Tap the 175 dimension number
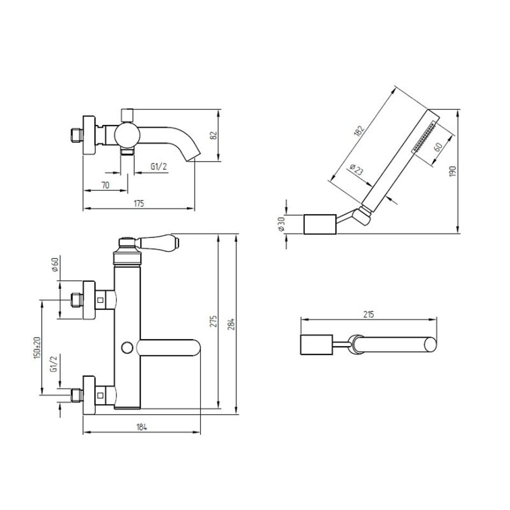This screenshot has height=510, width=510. (139, 203)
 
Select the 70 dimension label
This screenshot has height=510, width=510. (105, 185)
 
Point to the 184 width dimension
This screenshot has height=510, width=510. (142, 427)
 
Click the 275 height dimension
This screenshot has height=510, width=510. (213, 321)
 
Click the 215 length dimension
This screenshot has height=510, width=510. (368, 315)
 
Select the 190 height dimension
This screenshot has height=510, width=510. (453, 171)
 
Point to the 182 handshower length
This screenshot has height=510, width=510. (359, 131)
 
